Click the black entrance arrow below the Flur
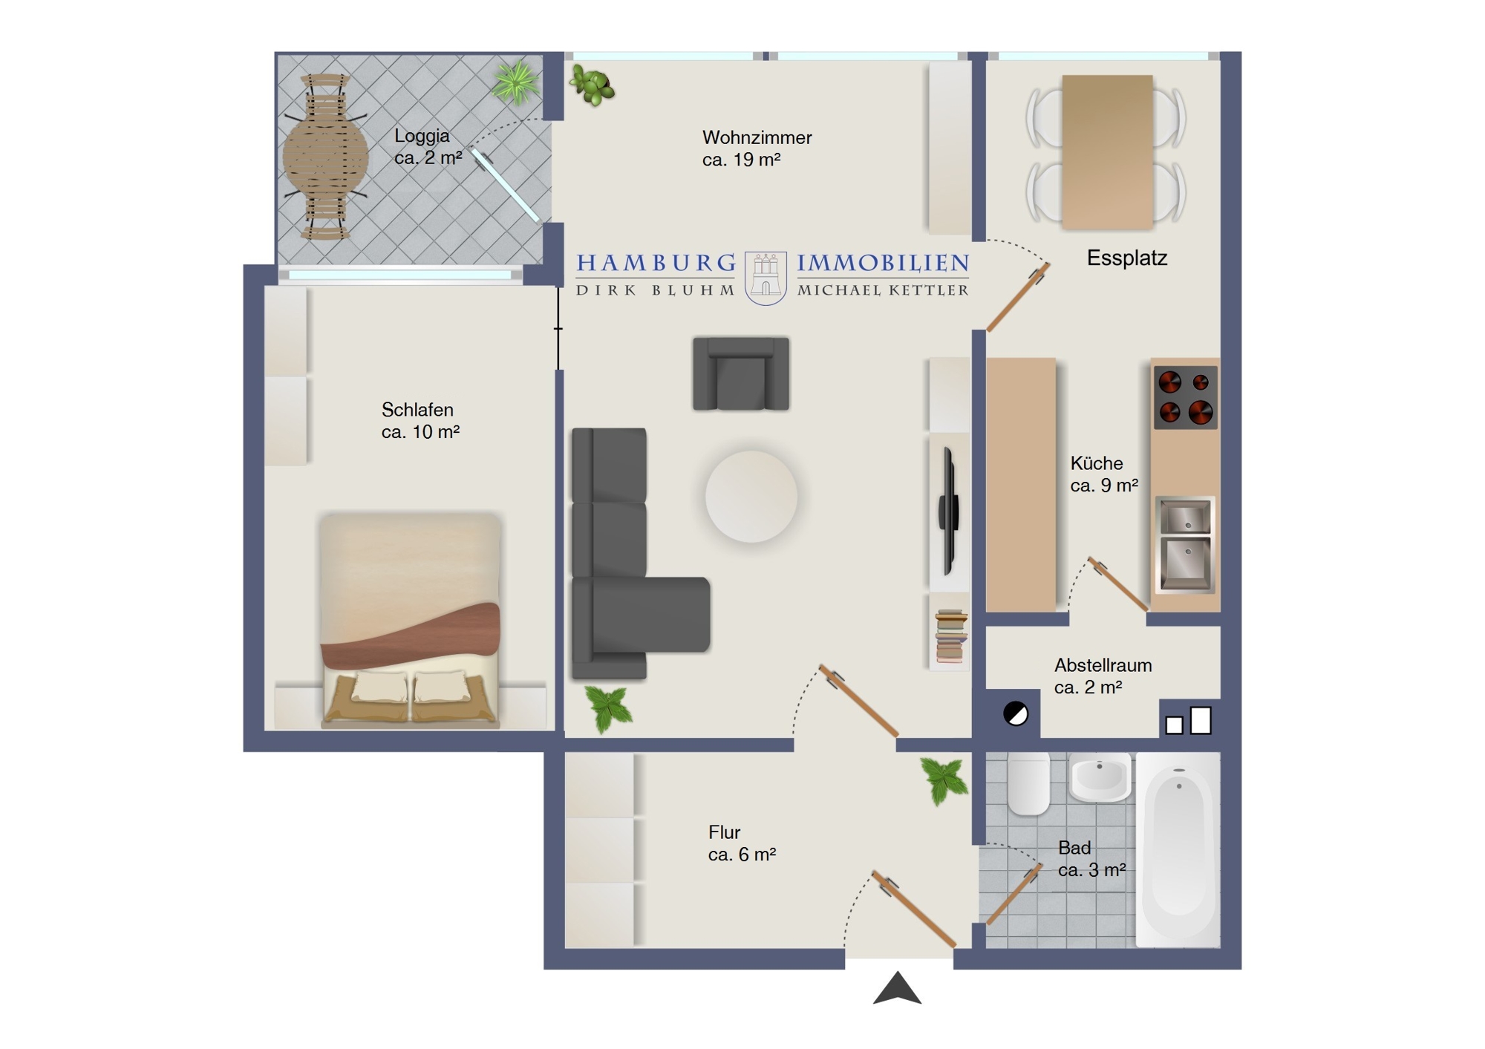click(x=897, y=990)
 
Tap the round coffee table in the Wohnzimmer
click(x=751, y=497)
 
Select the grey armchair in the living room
click(x=741, y=373)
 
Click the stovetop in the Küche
click(x=1185, y=397)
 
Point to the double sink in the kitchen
click(x=1185, y=545)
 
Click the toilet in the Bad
click(x=1028, y=783)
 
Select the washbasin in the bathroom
click(x=1100, y=777)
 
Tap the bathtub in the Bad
click(x=1178, y=850)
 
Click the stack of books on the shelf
click(x=950, y=635)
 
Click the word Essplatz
click(x=1127, y=258)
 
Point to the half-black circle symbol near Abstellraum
click(x=1015, y=714)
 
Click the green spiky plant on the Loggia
click(x=516, y=82)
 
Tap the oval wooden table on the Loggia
click(x=325, y=157)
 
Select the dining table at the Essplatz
click(x=1107, y=152)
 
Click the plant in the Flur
click(x=944, y=780)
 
